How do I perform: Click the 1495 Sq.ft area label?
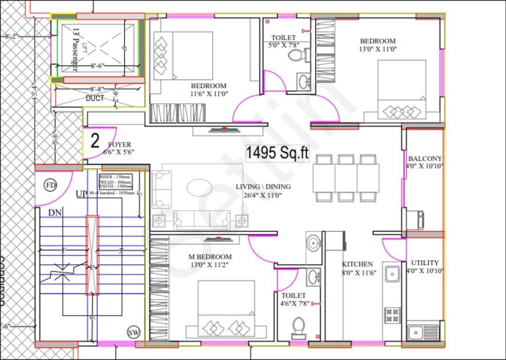coord(278,153)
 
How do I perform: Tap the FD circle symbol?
coord(50,185)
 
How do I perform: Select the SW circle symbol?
coord(133,332)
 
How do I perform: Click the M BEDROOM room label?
coord(210,257)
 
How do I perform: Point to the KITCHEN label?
coord(357,264)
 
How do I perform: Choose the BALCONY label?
coord(425,158)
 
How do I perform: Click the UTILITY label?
coord(425,263)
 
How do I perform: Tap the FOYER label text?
coord(120,145)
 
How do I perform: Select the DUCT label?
coord(95,98)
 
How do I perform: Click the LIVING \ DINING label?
coord(263,187)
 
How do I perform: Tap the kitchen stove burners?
coord(392,315)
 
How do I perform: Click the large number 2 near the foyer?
coord(95,141)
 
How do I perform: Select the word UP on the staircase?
coord(81,194)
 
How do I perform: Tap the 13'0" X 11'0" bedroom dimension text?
coord(378,49)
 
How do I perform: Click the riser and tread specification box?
coord(115,180)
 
